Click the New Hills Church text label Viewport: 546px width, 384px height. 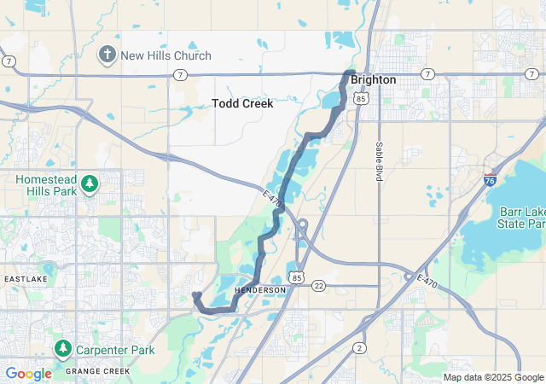click(166, 55)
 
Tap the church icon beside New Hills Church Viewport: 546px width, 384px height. click(107, 55)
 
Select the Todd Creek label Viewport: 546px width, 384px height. click(242, 103)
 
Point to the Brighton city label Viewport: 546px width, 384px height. click(373, 79)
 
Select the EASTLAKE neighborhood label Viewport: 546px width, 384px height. click(30, 279)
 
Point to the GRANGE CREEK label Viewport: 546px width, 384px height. click(98, 371)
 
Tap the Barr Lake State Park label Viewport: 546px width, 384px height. click(511, 218)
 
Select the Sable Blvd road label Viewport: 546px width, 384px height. click(379, 161)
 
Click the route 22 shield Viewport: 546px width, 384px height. click(318, 285)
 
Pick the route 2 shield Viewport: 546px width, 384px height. click(359, 348)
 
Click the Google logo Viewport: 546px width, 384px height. click(28, 373)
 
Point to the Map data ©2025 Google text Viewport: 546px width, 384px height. click(493, 377)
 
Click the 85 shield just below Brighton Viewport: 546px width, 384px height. click(362, 99)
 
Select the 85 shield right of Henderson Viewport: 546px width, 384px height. click(296, 277)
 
